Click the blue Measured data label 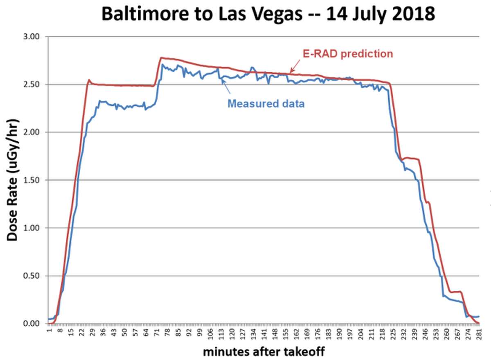(266, 104)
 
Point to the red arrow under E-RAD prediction (294, 68)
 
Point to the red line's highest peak (161, 58)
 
